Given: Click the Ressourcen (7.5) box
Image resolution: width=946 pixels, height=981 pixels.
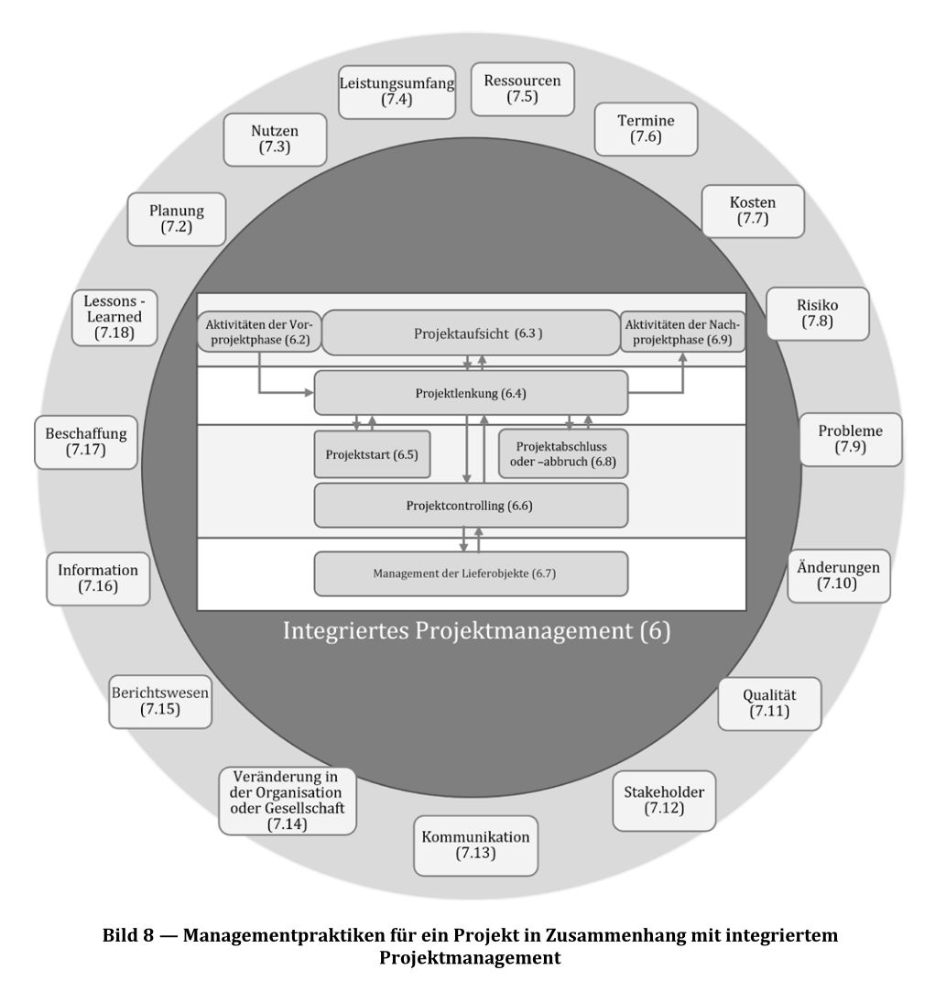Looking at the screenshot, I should (x=522, y=89).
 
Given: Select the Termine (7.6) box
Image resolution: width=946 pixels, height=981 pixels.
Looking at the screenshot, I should (x=646, y=129).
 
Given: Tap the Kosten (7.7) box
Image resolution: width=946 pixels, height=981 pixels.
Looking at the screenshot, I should (x=753, y=211).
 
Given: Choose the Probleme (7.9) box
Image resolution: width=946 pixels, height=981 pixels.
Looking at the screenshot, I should (x=851, y=440).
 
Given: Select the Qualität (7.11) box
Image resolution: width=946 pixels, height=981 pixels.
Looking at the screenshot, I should (x=769, y=703).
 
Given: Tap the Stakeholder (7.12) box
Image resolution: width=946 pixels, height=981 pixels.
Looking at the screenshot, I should (x=664, y=800).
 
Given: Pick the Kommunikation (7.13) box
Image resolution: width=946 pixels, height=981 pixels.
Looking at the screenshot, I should (x=475, y=845).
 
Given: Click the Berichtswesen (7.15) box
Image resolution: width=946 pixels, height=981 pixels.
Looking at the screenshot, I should (x=160, y=702).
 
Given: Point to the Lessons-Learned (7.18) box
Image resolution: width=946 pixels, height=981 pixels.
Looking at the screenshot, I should (x=114, y=317).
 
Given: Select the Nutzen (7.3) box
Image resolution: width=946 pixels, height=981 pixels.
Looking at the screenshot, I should (x=275, y=138).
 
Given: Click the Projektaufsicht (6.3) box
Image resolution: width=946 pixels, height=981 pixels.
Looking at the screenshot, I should (x=471, y=333).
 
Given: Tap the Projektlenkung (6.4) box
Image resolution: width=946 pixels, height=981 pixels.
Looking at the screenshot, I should (x=471, y=394).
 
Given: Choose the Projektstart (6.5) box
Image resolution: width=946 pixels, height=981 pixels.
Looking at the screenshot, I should (x=372, y=454).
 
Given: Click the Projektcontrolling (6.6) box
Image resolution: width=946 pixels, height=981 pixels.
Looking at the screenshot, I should (x=471, y=506).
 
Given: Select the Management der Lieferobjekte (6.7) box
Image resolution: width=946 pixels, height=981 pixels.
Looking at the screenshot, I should (x=471, y=573).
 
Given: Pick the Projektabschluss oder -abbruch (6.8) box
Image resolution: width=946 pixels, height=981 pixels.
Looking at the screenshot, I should (x=563, y=453).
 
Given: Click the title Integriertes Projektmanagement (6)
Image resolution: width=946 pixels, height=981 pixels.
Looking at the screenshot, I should (x=476, y=631).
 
